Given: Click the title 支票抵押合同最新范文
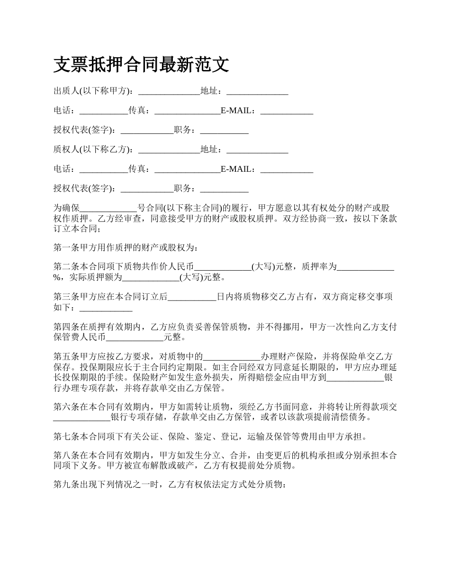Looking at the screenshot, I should [x=141, y=65].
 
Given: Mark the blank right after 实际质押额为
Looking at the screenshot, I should [x=151, y=277].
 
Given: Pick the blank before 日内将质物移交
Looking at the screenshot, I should [x=192, y=297].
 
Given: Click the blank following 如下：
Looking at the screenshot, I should [x=106, y=308].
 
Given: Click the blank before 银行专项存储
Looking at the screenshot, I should [x=81, y=417].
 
